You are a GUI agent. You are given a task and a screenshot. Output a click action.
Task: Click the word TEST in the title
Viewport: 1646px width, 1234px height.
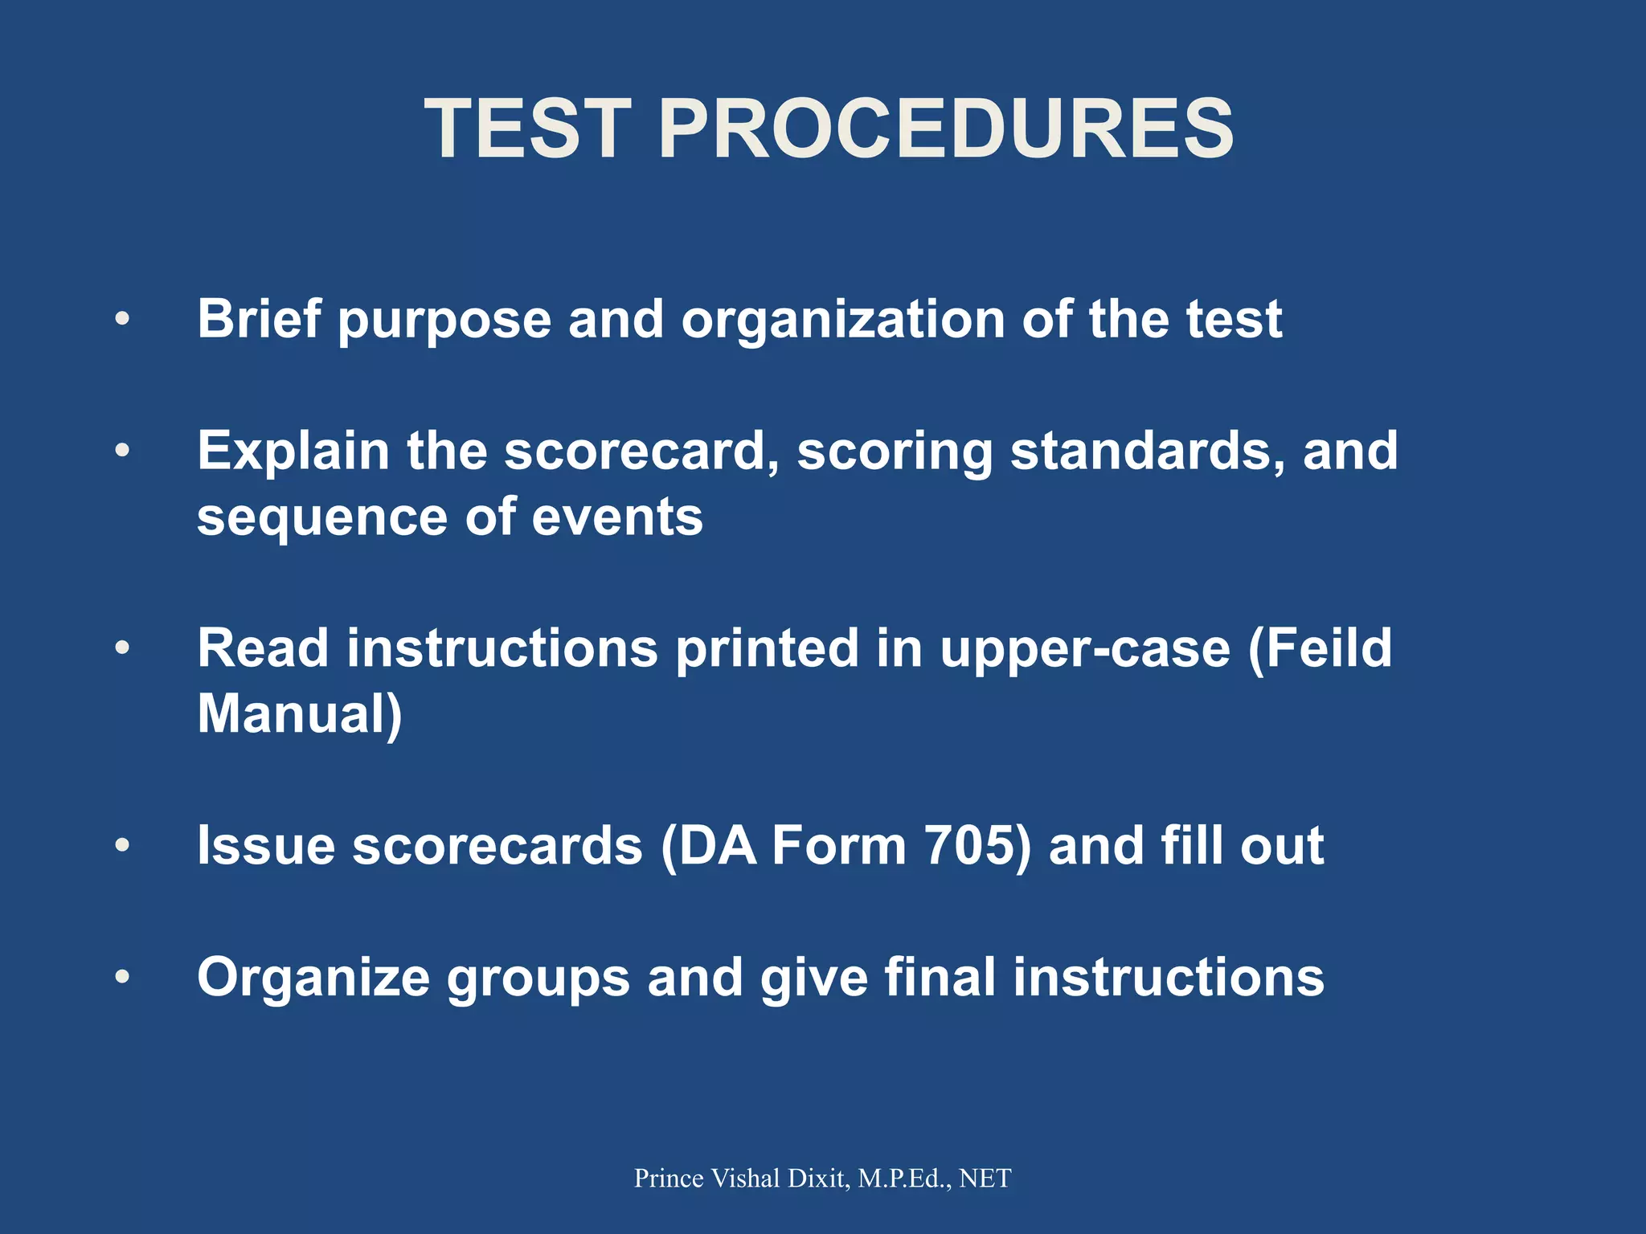tap(527, 129)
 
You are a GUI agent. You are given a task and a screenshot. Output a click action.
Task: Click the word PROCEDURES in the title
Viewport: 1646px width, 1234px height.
tap(945, 129)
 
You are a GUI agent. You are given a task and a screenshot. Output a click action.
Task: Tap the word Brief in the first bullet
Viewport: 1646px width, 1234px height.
tap(260, 319)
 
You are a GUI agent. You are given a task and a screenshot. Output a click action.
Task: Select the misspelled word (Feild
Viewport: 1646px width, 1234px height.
tap(1319, 649)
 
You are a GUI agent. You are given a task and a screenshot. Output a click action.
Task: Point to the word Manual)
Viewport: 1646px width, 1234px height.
tap(300, 715)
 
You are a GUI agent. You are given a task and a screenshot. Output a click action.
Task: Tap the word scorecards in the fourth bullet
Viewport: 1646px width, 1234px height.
tap(497, 847)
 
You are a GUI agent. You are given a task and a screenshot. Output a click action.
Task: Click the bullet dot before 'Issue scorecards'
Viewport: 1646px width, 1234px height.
tap(122, 845)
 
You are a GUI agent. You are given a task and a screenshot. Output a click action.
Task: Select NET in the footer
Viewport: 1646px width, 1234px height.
tap(985, 1178)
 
